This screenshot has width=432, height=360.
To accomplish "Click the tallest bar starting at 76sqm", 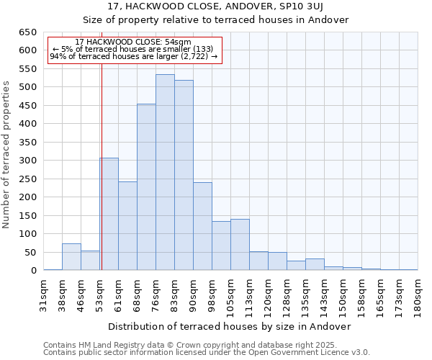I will (165, 173).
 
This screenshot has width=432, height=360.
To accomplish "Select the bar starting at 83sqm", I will (184, 176).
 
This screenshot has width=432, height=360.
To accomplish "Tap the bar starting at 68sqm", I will (146, 187).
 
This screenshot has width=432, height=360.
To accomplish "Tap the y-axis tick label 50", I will (30, 253).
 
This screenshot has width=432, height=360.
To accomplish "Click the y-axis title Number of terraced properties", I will (7, 155).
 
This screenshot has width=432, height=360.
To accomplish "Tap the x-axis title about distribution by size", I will (230, 326).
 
